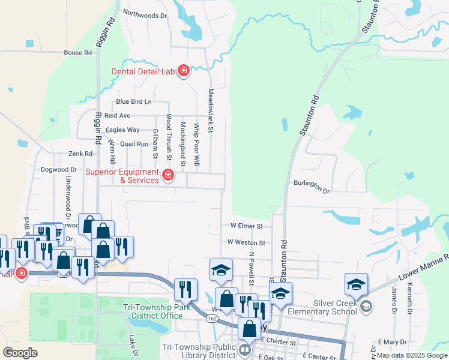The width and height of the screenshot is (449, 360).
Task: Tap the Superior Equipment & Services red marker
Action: click(168, 176)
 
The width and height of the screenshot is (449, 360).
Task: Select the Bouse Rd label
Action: click(78, 53)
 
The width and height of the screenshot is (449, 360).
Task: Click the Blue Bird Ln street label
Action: click(134, 102)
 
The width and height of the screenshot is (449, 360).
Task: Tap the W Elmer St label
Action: click(247, 226)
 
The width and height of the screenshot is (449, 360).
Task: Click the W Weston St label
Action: click(246, 242)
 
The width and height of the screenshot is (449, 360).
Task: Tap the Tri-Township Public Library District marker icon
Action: click(245, 349)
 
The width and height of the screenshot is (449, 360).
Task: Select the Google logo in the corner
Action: click(20, 353)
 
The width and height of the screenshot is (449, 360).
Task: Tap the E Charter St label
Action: click(280, 342)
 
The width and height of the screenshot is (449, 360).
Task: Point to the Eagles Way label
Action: click(122, 130)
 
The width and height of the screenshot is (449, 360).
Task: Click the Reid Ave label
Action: click(117, 115)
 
